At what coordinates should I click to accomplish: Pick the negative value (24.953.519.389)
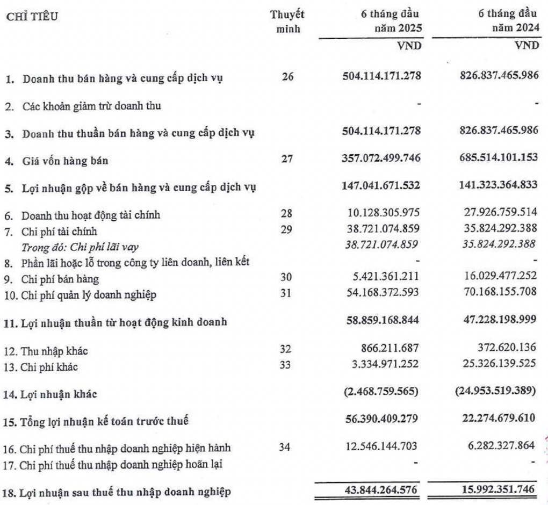pos(493,393)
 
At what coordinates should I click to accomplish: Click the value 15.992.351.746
pos(495,489)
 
